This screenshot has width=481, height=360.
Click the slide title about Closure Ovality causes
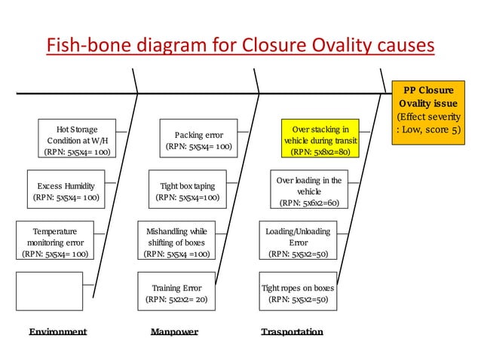(x=240, y=46)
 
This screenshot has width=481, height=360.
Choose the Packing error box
(x=198, y=140)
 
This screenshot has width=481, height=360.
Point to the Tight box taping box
(x=187, y=191)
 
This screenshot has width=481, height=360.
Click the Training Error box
(x=176, y=293)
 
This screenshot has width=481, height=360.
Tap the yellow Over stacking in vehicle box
(x=320, y=140)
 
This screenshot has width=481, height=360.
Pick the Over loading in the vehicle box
(x=309, y=191)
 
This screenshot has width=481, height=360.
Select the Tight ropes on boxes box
(x=298, y=293)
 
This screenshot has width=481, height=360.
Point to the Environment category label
(x=58, y=331)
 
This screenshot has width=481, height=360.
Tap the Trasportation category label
(x=292, y=331)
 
